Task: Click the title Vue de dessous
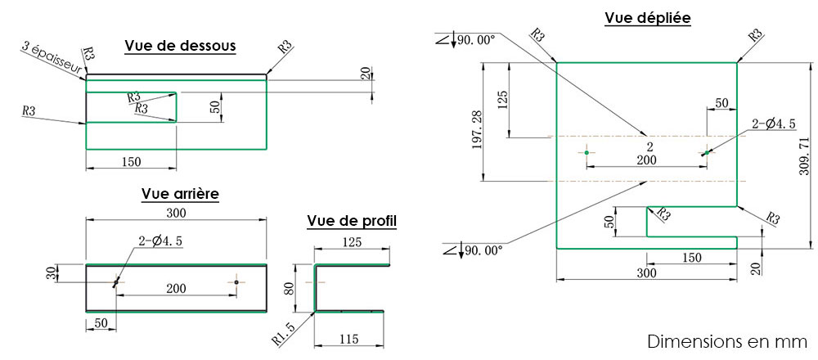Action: point(180,47)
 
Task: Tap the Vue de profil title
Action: point(352,221)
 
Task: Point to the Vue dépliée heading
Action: point(647,18)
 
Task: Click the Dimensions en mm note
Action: point(726,340)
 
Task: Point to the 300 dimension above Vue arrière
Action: point(177,214)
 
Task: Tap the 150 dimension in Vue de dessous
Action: point(131,162)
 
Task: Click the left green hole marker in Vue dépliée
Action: point(587,152)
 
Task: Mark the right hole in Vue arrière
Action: point(236,282)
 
